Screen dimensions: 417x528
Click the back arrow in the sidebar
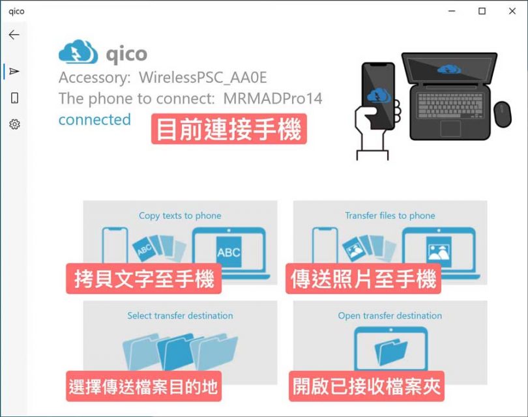tap(14, 35)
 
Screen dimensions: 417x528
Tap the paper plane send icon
tap(14, 71)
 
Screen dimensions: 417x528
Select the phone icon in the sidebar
tap(14, 98)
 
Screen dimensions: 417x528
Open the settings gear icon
tap(14, 124)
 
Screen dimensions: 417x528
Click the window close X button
tap(512, 11)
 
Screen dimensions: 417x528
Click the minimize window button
tap(452, 11)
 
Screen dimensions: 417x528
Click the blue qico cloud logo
tap(78, 53)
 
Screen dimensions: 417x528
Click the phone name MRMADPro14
tap(272, 98)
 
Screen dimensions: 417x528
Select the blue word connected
tap(95, 119)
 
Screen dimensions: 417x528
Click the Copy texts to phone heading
tap(180, 216)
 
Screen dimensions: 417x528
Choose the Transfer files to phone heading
tap(390, 216)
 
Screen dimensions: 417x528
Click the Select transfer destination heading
tap(180, 315)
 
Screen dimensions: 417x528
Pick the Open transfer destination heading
tap(390, 315)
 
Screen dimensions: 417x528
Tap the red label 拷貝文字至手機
tap(143, 280)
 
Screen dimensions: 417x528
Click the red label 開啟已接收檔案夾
tap(366, 386)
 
